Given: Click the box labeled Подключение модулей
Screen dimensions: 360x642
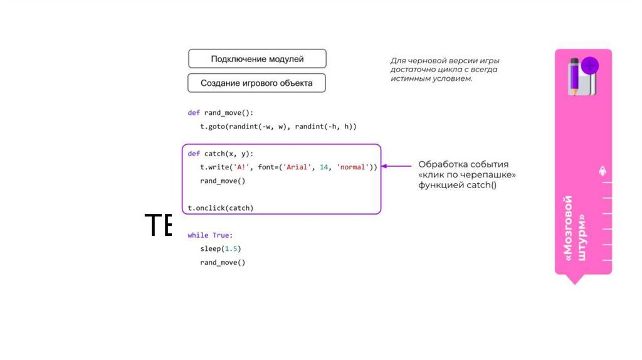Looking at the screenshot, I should [257, 59].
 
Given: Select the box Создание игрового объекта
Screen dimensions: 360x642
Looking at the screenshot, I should [256, 83].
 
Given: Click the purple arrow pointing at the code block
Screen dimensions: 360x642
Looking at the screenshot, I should [397, 166].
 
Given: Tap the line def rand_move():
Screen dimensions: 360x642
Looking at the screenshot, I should [219, 113].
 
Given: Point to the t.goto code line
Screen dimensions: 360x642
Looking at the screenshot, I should [278, 127].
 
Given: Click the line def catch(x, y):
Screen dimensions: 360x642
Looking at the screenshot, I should [221, 154].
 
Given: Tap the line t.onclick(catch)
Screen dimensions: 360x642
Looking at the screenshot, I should [221, 208].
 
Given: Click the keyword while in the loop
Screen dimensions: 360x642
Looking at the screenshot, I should [198, 235].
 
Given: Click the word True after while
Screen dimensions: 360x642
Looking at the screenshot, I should [221, 235].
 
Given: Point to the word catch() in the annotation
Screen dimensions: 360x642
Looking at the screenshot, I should [481, 185].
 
